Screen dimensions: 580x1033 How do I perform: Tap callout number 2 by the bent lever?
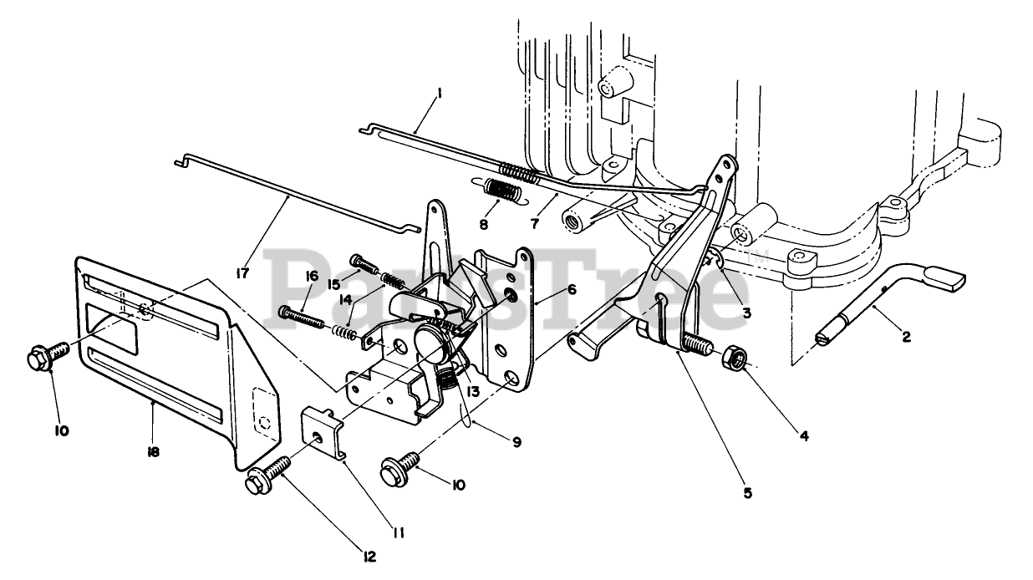(x=905, y=337)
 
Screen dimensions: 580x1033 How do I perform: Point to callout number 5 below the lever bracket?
(x=749, y=493)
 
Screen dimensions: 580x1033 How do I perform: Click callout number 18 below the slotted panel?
(x=153, y=453)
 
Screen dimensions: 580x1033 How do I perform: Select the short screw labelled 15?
(x=357, y=262)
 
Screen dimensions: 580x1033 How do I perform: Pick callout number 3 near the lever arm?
(x=746, y=313)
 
